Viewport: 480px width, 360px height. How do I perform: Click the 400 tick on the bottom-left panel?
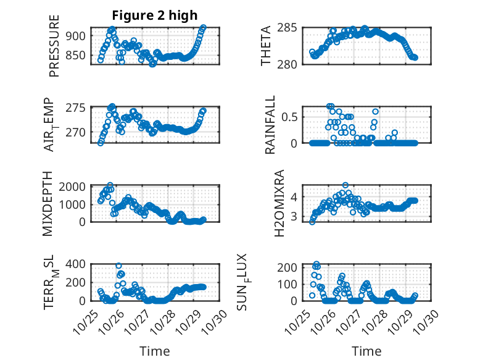(x=77, y=265)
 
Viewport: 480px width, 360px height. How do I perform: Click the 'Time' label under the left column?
(x=154, y=351)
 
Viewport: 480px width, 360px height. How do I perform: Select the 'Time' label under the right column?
(x=366, y=351)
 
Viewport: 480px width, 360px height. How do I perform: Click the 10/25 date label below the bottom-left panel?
(x=85, y=321)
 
